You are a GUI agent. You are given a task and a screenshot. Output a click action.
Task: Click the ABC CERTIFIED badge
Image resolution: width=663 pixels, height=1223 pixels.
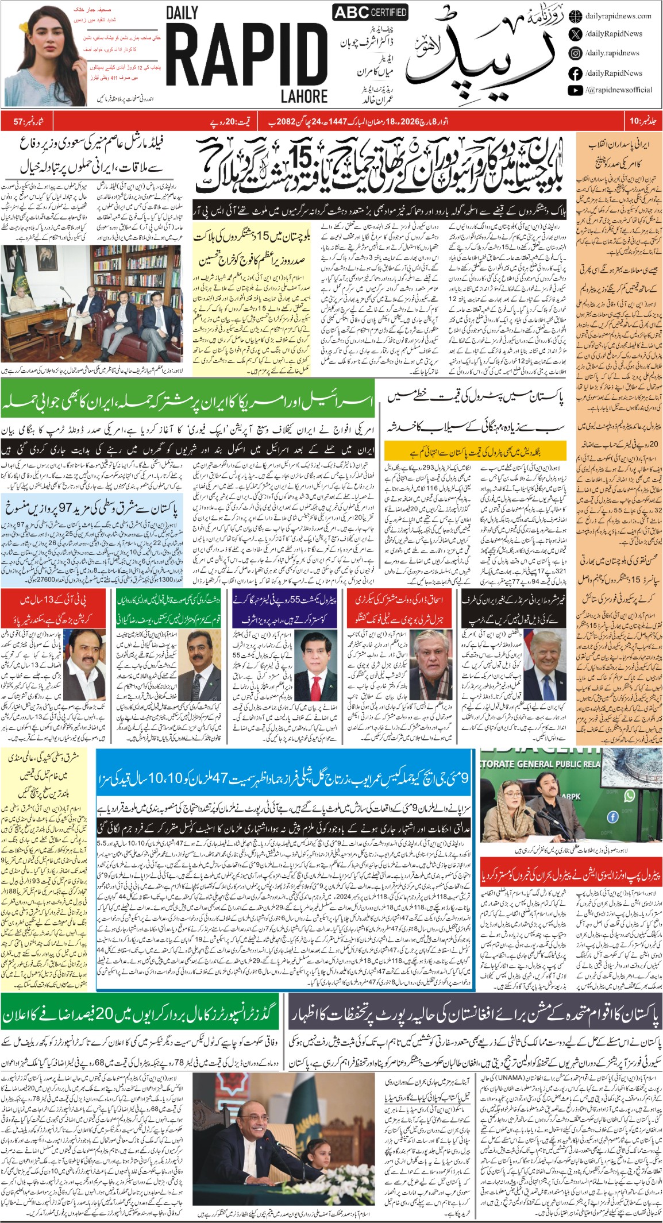click(370, 12)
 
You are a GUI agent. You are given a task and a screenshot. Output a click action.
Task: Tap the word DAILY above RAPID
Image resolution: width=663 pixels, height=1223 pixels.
click(182, 13)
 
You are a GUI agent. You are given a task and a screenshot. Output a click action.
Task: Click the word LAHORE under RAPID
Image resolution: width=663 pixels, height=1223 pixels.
click(304, 97)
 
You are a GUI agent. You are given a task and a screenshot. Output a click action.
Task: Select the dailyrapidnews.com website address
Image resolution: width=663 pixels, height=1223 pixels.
click(618, 16)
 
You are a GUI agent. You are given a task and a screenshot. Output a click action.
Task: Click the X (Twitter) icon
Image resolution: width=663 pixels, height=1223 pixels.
click(575, 34)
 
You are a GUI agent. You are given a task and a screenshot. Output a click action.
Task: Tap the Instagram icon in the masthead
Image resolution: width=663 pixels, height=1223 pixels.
click(575, 53)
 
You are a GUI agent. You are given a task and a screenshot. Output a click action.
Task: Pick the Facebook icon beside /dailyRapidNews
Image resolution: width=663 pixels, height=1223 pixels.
click(575, 74)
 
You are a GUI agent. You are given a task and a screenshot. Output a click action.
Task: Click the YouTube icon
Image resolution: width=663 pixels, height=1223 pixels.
click(575, 90)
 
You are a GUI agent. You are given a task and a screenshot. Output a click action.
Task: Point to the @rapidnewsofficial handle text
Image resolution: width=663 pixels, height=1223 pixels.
click(619, 90)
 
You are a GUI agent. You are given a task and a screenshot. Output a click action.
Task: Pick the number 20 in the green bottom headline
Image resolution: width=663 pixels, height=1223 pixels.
click(105, 1015)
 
